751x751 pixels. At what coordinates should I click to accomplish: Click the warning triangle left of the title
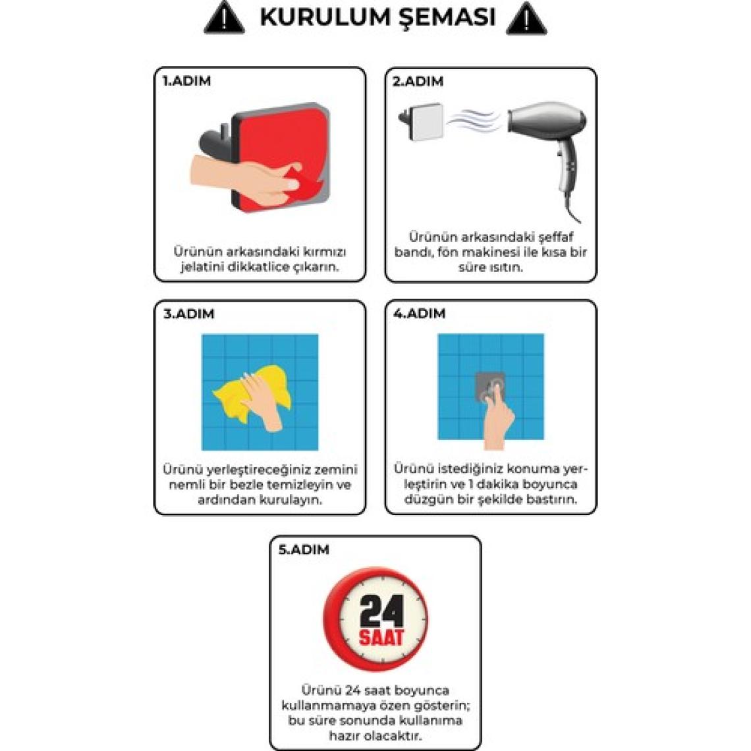(x=224, y=19)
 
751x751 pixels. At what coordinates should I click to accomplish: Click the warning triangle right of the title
(x=526, y=19)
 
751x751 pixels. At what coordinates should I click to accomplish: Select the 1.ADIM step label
(x=187, y=81)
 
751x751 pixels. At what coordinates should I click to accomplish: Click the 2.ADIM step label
(x=418, y=82)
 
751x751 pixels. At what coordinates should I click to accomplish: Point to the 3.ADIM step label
(x=188, y=314)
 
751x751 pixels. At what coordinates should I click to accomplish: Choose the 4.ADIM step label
(x=420, y=314)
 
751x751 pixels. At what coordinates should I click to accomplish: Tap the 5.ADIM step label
(x=304, y=549)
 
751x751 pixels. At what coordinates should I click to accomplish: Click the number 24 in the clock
(x=381, y=611)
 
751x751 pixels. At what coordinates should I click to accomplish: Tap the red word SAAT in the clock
(x=381, y=638)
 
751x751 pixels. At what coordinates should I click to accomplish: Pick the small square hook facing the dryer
(x=422, y=122)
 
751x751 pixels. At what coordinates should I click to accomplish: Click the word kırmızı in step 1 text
(x=323, y=252)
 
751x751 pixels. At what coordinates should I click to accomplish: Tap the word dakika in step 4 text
(x=498, y=484)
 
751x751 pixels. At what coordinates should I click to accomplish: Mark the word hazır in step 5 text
(x=345, y=736)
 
